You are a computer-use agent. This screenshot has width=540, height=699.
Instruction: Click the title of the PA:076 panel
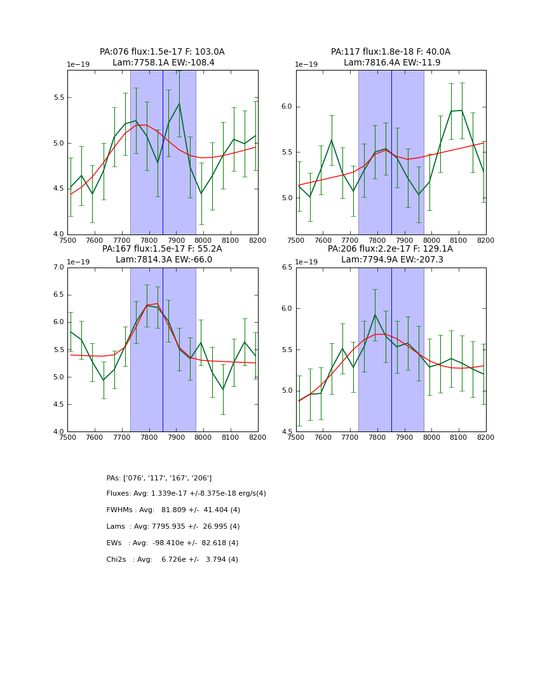(162, 57)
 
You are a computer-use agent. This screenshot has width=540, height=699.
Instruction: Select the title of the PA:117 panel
(391, 57)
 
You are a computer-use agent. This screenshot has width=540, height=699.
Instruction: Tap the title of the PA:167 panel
(162, 254)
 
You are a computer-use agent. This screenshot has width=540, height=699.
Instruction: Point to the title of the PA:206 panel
(391, 254)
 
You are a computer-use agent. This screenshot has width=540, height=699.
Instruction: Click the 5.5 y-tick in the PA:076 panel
(58, 97)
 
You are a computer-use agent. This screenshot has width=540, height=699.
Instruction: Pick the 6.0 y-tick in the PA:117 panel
(287, 107)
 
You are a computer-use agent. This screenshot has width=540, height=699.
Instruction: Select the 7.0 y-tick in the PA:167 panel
(58, 268)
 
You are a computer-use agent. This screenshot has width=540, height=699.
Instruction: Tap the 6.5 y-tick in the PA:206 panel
(287, 268)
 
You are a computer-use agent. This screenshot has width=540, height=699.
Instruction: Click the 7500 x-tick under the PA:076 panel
(67, 240)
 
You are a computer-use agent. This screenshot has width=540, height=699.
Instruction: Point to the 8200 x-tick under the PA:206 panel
(485, 437)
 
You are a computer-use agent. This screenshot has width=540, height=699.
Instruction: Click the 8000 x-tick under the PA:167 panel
(203, 437)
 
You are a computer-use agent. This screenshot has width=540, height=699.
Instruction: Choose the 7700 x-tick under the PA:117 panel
(350, 240)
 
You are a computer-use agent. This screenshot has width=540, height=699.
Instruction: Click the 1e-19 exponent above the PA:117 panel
(306, 65)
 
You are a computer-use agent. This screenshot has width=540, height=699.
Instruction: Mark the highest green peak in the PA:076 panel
(179, 104)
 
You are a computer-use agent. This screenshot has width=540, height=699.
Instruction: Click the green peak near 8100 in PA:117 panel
(461, 111)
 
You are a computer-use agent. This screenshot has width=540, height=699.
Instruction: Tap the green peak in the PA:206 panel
(375, 315)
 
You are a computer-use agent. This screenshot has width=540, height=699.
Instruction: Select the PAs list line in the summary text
(159, 478)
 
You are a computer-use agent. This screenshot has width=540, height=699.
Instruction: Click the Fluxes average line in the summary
(186, 494)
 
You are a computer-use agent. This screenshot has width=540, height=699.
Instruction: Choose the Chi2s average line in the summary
(172, 560)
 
